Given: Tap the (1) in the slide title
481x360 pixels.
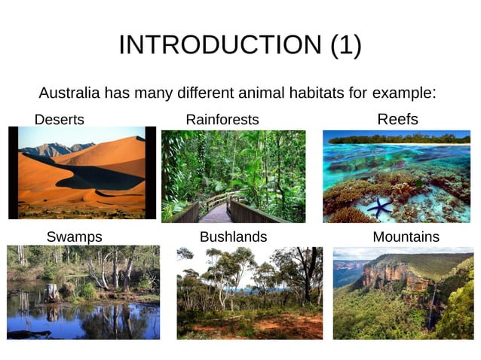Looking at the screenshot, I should click(x=346, y=45).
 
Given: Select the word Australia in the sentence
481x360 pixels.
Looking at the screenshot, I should click(x=70, y=94).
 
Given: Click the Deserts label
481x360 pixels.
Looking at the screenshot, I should click(x=60, y=120).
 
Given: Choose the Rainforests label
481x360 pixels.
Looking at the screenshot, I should click(x=222, y=120).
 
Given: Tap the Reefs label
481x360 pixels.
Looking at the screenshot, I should click(x=397, y=119).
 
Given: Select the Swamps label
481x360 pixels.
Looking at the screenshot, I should click(x=74, y=237).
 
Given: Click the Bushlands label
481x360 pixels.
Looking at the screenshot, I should click(x=233, y=237).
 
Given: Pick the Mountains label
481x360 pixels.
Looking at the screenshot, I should click(x=406, y=237).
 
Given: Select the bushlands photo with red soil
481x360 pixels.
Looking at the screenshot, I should click(x=250, y=293).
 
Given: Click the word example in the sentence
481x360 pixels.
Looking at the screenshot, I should click(x=400, y=94).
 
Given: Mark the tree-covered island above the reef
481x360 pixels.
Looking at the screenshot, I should click(x=398, y=138).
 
